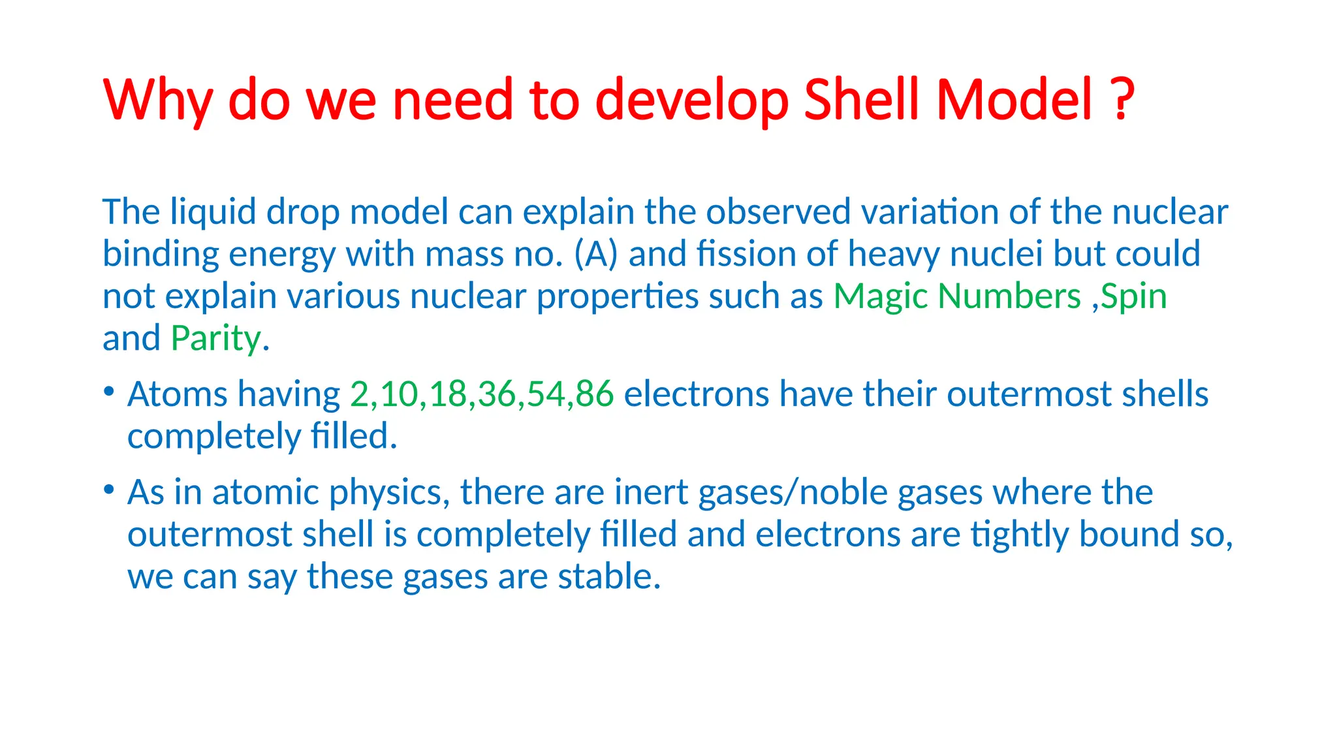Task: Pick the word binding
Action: pyautogui.click(x=161, y=254)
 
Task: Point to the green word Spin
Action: pyautogui.click(x=1134, y=297)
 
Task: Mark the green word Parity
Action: pyautogui.click(x=216, y=339)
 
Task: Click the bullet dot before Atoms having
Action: pyautogui.click(x=109, y=392)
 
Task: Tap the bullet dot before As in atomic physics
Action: pyautogui.click(x=109, y=490)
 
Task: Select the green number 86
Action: pyautogui.click(x=595, y=394)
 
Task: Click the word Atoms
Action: pyautogui.click(x=178, y=394)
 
